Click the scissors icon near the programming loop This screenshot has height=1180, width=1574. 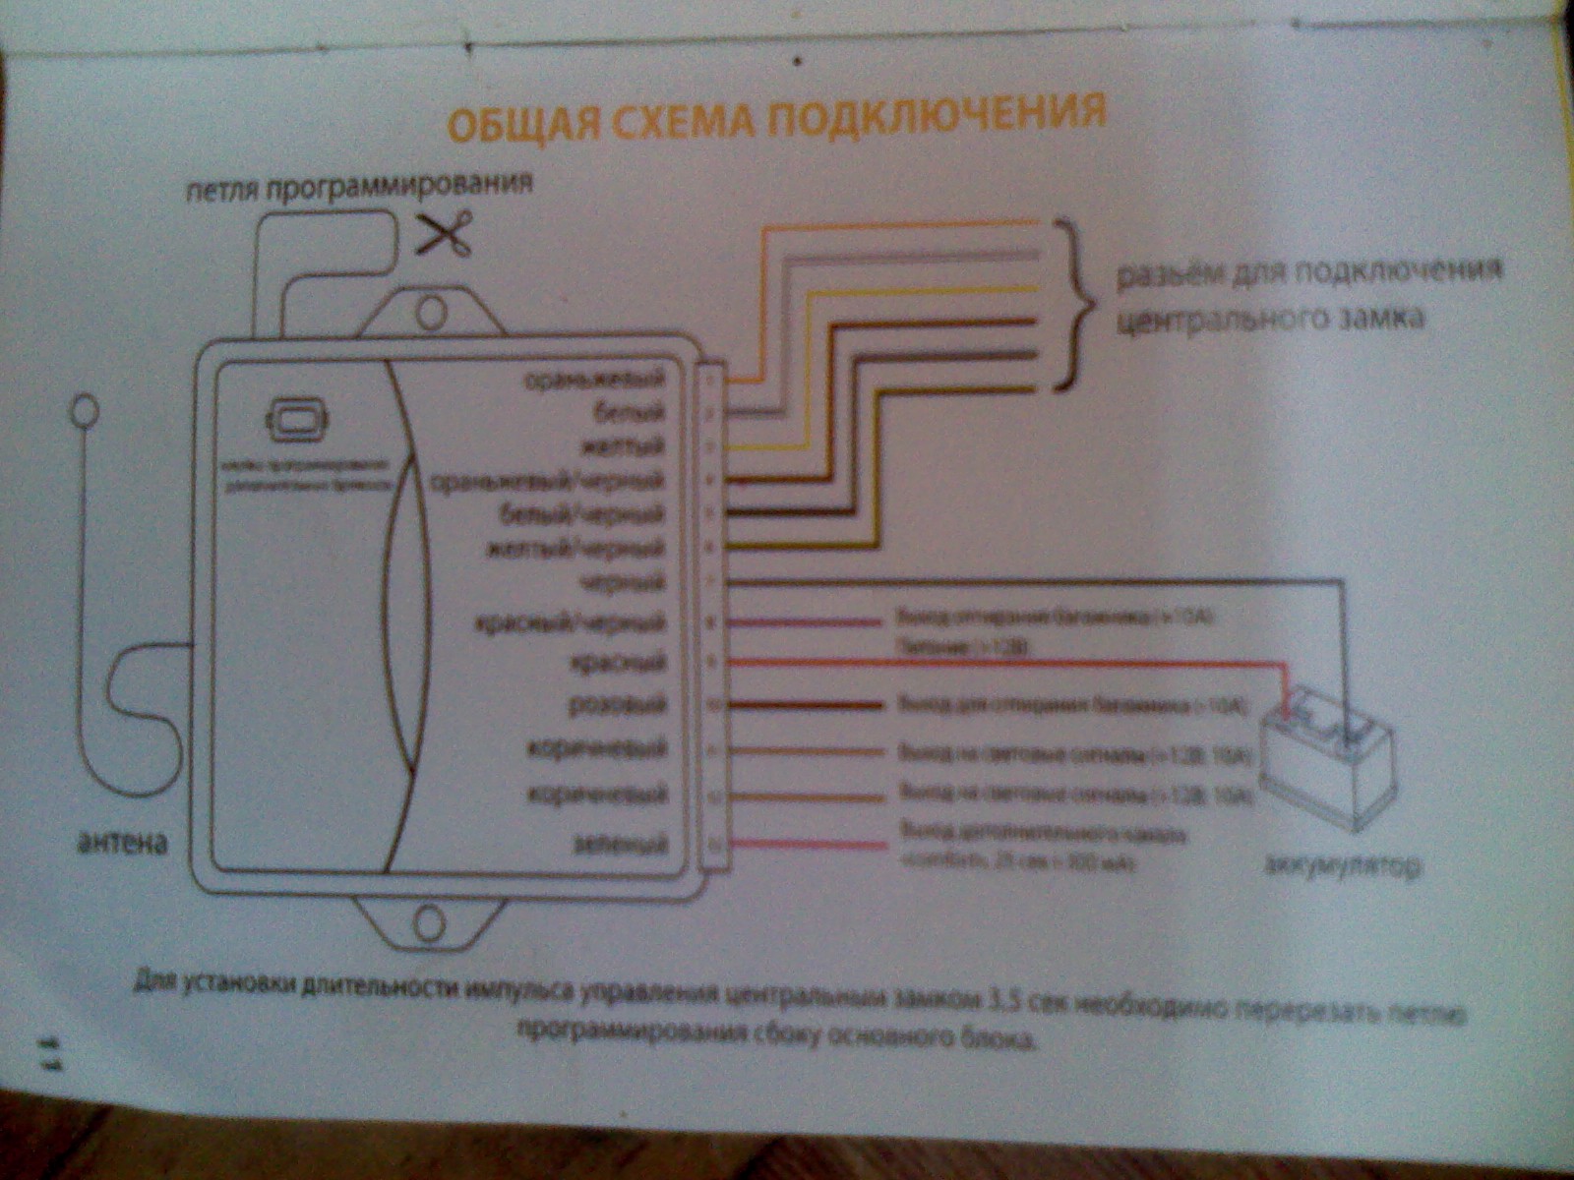[x=446, y=233]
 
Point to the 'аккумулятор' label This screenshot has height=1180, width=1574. [x=1342, y=866]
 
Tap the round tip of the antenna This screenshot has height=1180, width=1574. [x=86, y=412]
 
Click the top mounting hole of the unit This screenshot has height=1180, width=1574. [x=430, y=314]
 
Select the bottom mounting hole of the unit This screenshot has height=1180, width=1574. [x=430, y=924]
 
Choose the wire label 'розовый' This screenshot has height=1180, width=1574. [x=618, y=704]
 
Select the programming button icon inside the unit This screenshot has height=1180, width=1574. [x=297, y=419]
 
